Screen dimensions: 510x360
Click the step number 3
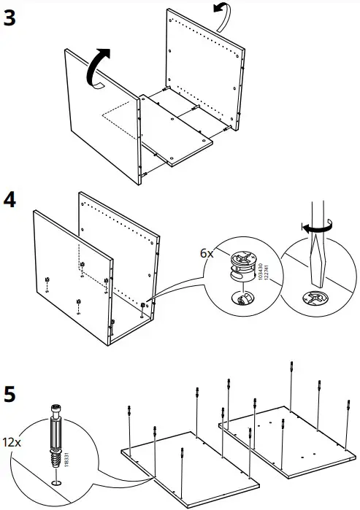click(11, 19)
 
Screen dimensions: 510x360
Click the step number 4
click(12, 199)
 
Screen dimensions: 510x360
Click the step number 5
click(11, 396)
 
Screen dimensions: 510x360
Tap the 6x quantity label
click(207, 253)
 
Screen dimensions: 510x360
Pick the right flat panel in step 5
click(285, 438)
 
